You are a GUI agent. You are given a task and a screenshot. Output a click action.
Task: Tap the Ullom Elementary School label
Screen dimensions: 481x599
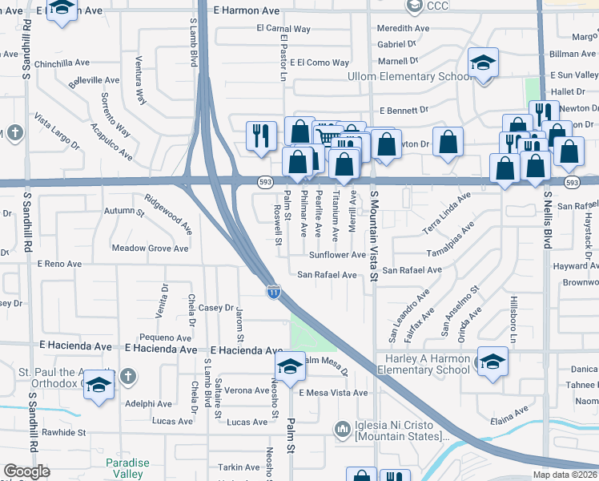point(398,77)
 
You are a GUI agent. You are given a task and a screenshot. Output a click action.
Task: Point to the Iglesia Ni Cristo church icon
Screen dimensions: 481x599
point(343,430)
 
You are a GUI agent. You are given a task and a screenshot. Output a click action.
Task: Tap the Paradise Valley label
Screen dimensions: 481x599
point(124,468)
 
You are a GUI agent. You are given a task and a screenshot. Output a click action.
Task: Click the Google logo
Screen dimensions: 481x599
point(26,471)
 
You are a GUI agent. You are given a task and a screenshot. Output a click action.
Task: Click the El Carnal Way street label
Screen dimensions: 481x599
point(283,29)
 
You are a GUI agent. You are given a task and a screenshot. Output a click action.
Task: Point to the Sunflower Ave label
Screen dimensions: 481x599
point(337,255)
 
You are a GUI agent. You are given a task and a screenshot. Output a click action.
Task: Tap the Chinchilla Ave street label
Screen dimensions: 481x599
point(62,63)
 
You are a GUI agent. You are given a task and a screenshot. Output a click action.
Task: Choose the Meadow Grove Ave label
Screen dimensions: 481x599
point(150,249)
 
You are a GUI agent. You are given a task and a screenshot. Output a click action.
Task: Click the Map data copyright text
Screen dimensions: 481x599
point(565,475)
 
